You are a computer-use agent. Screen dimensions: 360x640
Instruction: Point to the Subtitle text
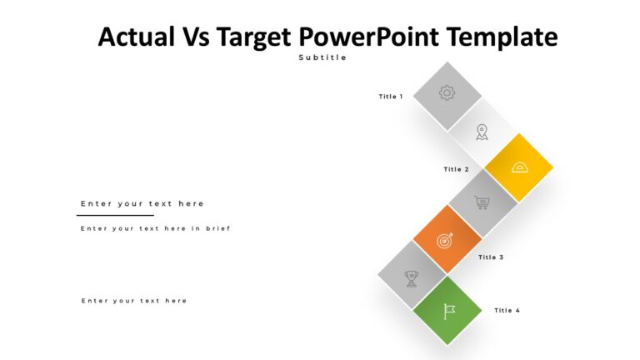pyautogui.click(x=322, y=57)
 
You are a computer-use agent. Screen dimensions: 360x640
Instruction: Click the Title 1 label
pyautogui.click(x=390, y=97)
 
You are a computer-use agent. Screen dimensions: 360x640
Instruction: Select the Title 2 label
pyautogui.click(x=456, y=169)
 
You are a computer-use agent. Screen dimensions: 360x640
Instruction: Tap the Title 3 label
pyautogui.click(x=491, y=257)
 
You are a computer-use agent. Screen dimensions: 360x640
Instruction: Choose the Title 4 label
pyautogui.click(x=507, y=310)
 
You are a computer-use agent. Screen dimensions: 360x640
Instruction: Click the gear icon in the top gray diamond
pyautogui.click(x=447, y=93)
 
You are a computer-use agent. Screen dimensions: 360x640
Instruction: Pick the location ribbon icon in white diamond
pyautogui.click(x=482, y=131)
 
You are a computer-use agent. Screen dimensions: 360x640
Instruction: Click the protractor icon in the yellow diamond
pyautogui.click(x=519, y=167)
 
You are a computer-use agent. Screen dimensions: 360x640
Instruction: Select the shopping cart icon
pyautogui.click(x=482, y=202)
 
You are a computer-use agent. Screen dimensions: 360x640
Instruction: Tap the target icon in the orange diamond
pyautogui.click(x=447, y=239)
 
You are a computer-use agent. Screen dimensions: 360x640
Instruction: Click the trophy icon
pyautogui.click(x=411, y=277)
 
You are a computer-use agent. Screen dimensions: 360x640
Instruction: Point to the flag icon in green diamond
pyautogui.click(x=448, y=311)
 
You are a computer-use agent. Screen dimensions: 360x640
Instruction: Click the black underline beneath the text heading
pyautogui.click(x=115, y=215)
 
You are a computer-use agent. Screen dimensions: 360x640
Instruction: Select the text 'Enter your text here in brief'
pyautogui.click(x=155, y=228)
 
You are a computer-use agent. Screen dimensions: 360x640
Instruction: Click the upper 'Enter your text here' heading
pyautogui.click(x=142, y=203)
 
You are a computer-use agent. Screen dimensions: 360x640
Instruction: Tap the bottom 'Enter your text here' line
pyautogui.click(x=134, y=301)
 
